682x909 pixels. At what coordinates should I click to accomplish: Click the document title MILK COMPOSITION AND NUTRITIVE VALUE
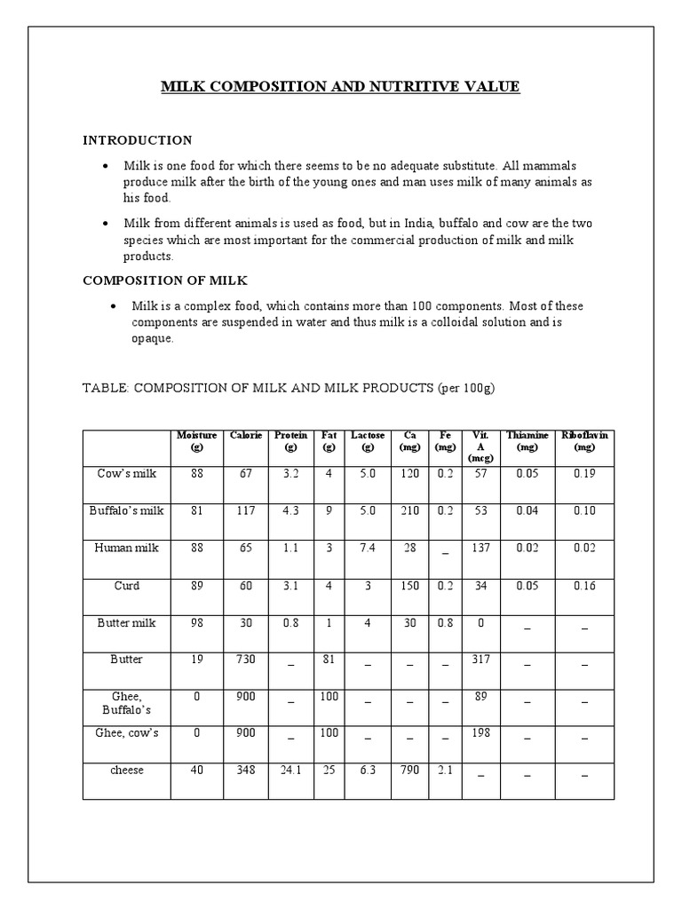tap(340, 87)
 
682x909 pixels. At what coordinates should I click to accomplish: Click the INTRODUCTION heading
tap(138, 140)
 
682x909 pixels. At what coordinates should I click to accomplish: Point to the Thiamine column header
tap(527, 440)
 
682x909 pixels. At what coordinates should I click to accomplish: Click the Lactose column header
tap(368, 440)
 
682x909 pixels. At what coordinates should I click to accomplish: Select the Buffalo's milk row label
tap(127, 511)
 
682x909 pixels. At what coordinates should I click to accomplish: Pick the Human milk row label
tap(127, 549)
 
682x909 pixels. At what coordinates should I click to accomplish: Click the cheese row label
tap(127, 771)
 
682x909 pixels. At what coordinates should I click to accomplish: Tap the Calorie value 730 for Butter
tap(245, 660)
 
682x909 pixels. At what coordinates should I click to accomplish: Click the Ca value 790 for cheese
tap(409, 771)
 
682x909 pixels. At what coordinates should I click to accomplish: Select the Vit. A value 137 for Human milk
tap(481, 549)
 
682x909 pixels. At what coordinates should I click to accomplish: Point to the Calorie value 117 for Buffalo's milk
tap(245, 511)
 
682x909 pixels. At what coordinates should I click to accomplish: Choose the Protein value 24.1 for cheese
tap(290, 771)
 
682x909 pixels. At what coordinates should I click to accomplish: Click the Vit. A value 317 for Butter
tap(481, 660)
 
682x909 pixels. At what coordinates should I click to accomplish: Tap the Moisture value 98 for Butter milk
tap(197, 623)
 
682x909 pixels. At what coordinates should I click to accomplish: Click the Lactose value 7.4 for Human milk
tap(368, 549)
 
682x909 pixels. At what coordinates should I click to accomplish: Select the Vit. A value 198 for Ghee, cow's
tap(481, 733)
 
